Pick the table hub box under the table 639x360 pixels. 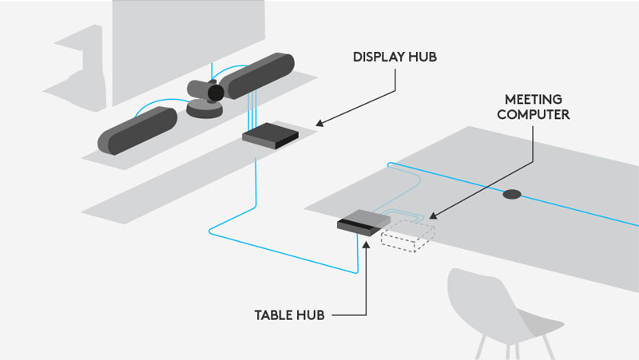click(x=359, y=220)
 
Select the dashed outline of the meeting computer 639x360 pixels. click(x=407, y=236)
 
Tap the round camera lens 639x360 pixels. click(x=215, y=93)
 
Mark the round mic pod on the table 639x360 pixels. click(x=511, y=194)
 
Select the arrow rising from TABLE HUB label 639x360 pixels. click(x=365, y=275)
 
